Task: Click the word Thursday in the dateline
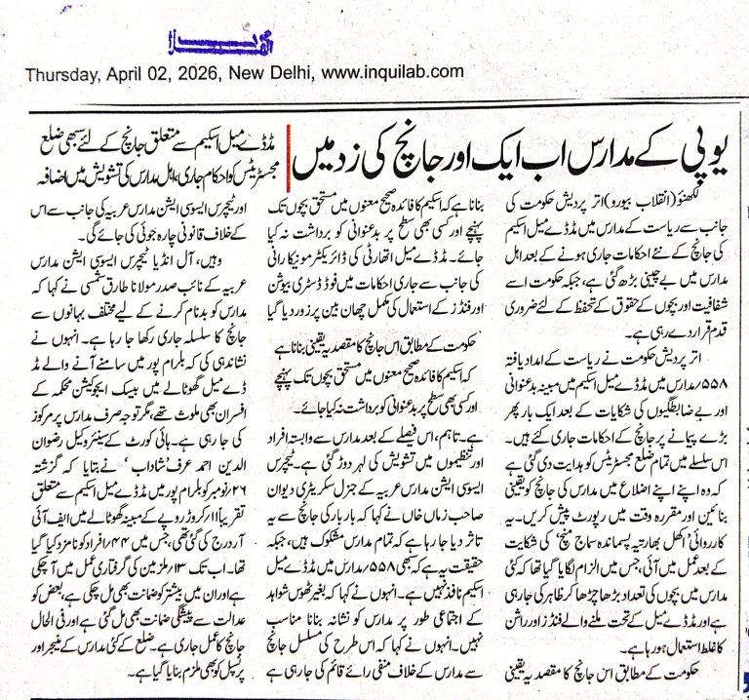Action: pyautogui.click(x=59, y=72)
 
